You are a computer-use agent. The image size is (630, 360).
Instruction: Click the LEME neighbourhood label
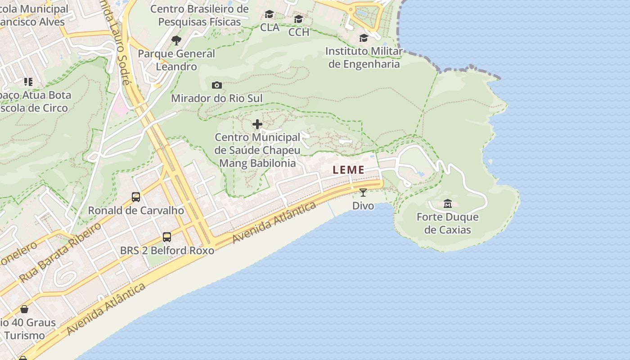[349, 170]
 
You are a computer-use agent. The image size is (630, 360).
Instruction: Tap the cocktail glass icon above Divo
[363, 193]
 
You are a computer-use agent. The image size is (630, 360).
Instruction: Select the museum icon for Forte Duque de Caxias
[447, 204]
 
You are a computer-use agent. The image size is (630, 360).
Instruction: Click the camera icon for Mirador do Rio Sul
[217, 85]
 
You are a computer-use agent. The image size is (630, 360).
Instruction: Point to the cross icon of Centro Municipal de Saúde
[257, 124]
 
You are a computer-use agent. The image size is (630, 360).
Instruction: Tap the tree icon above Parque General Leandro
[176, 40]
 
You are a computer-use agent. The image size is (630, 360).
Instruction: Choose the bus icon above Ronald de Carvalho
[135, 197]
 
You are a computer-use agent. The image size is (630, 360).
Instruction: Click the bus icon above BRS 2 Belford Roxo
[167, 237]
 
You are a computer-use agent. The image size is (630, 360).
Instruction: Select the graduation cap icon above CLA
[269, 14]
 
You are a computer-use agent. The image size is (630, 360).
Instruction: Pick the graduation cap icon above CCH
[298, 19]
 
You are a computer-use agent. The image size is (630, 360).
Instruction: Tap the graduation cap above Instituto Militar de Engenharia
[364, 38]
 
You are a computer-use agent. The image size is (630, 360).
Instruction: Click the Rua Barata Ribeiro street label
[60, 252]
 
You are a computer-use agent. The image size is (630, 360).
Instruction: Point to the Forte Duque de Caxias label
[447, 224]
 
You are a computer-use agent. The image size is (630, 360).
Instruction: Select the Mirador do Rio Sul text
[216, 98]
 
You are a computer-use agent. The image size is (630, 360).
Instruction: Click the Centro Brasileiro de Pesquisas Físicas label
[199, 15]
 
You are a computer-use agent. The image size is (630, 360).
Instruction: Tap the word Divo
[363, 206]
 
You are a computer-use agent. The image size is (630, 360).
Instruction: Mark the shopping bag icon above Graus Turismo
[24, 309]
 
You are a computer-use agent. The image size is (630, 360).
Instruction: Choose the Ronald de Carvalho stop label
[136, 210]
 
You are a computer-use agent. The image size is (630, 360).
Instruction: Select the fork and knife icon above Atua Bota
[28, 82]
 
